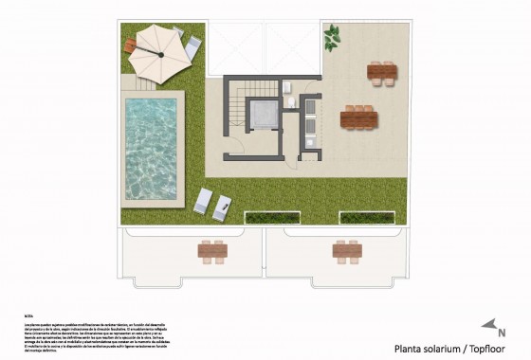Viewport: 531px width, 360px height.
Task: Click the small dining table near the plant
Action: [x=380, y=71]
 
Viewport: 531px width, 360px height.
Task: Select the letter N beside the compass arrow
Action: [x=502, y=333]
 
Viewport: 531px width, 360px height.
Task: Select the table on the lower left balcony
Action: [x=213, y=251]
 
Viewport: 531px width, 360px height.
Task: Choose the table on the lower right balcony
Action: [x=345, y=251]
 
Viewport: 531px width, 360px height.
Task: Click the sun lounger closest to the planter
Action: [x=226, y=205]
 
